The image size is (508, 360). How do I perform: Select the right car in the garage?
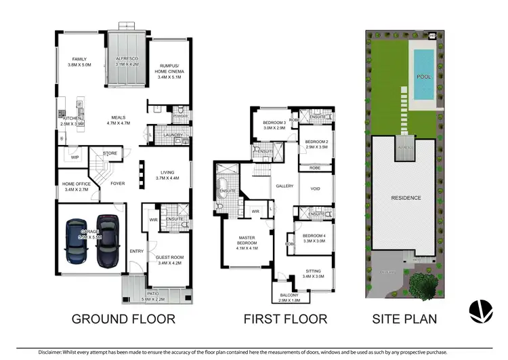click(x=106, y=240)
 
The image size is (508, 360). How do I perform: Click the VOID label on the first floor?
click(x=315, y=189)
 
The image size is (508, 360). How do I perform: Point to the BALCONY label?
click(x=292, y=293)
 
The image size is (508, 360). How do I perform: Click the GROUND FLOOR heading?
click(x=123, y=319)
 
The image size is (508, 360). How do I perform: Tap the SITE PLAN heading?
click(x=406, y=319)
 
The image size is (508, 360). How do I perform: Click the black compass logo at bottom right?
click(x=482, y=311)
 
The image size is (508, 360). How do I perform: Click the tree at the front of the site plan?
click(x=423, y=285)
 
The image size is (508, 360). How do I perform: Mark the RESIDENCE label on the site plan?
click(x=406, y=198)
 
